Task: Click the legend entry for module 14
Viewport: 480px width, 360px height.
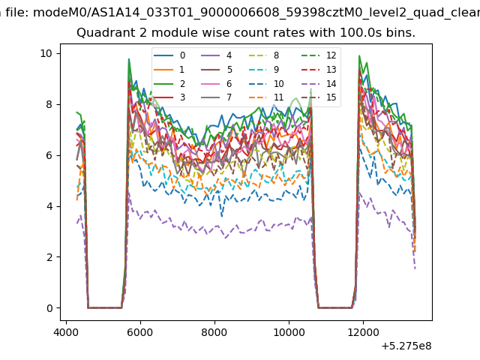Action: (x=319, y=83)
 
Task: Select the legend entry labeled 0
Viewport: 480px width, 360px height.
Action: (x=169, y=55)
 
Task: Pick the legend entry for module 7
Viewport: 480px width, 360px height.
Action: (x=217, y=97)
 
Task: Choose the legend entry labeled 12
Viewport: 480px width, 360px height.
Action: (x=319, y=55)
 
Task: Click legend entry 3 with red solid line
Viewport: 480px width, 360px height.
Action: (x=169, y=97)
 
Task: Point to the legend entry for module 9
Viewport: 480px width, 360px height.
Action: (x=264, y=70)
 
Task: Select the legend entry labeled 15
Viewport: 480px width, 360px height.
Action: (x=319, y=97)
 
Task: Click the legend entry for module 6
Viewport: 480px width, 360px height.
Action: (x=217, y=83)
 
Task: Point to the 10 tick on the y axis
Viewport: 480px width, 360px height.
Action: (x=46, y=53)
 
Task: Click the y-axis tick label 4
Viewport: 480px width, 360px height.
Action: (x=49, y=206)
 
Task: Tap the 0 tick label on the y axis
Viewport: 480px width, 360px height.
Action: (x=49, y=308)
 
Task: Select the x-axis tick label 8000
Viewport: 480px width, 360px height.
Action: (x=214, y=332)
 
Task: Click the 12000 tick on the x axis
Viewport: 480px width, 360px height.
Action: (x=363, y=332)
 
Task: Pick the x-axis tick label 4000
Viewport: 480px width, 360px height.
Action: (x=66, y=332)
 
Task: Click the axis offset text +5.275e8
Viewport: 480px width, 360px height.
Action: (x=406, y=346)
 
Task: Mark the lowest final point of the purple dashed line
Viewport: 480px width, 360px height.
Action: (x=415, y=268)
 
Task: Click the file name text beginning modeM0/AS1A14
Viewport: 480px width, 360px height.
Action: (x=256, y=13)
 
